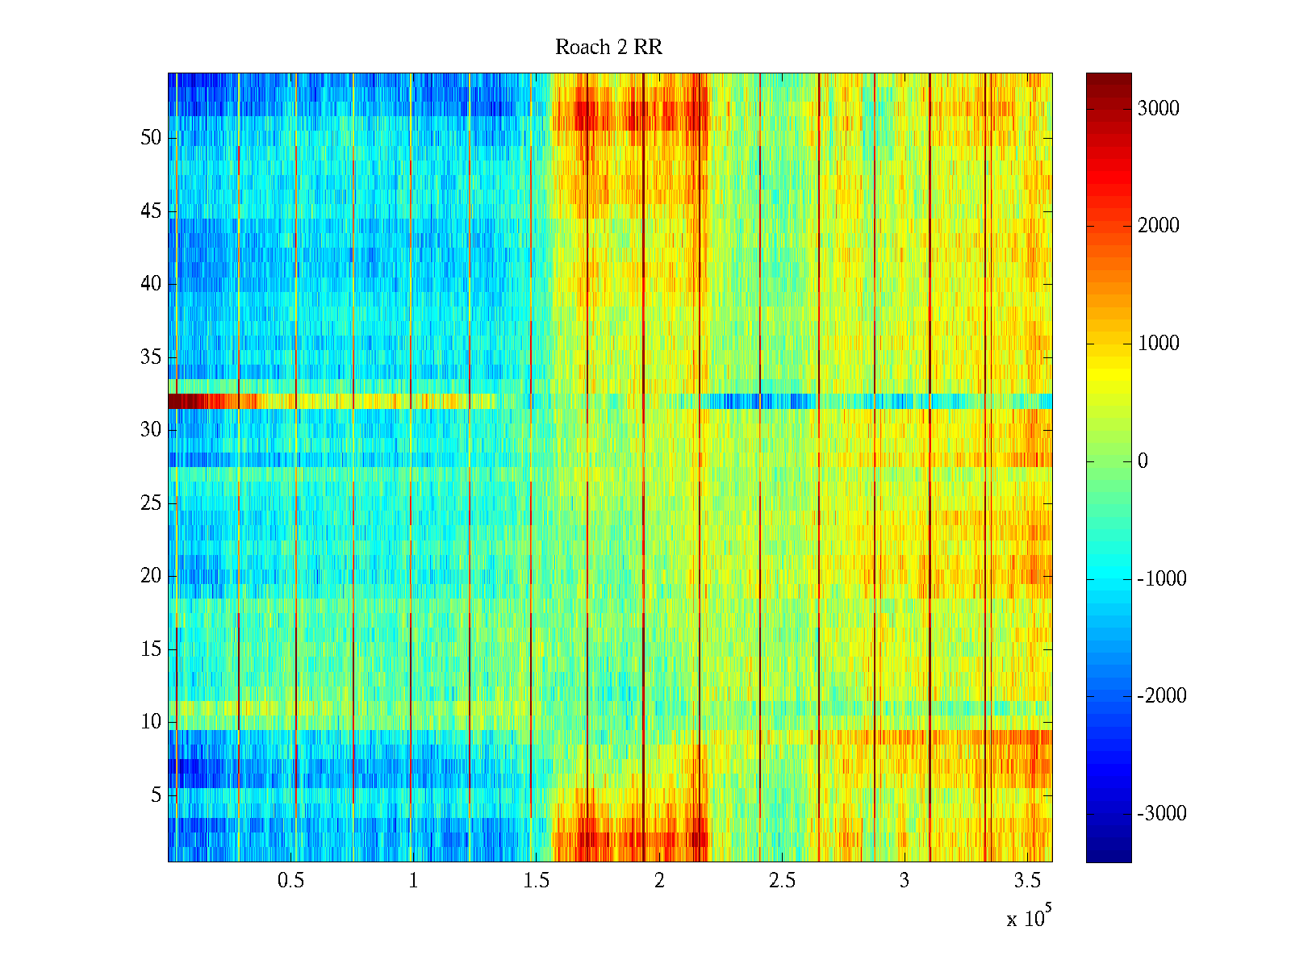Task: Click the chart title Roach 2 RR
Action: (x=608, y=48)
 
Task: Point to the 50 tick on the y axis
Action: (x=151, y=138)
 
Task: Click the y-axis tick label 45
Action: (x=151, y=211)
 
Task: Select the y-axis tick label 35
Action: (x=151, y=357)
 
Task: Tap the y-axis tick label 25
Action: (x=151, y=503)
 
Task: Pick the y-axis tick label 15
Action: (x=151, y=649)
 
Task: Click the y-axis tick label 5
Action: (x=156, y=795)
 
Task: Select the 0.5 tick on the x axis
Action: (x=290, y=881)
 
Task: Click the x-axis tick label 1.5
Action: (x=536, y=881)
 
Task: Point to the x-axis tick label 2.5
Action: (x=782, y=881)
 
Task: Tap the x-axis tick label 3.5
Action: (x=1027, y=881)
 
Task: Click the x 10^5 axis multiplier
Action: (x=1029, y=917)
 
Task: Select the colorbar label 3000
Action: (x=1158, y=109)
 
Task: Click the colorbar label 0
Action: (x=1143, y=461)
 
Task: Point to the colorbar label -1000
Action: (x=1162, y=579)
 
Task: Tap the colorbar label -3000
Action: (x=1162, y=814)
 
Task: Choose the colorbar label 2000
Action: (x=1158, y=226)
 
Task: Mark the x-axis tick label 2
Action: (x=659, y=881)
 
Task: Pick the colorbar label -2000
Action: (x=1162, y=696)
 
